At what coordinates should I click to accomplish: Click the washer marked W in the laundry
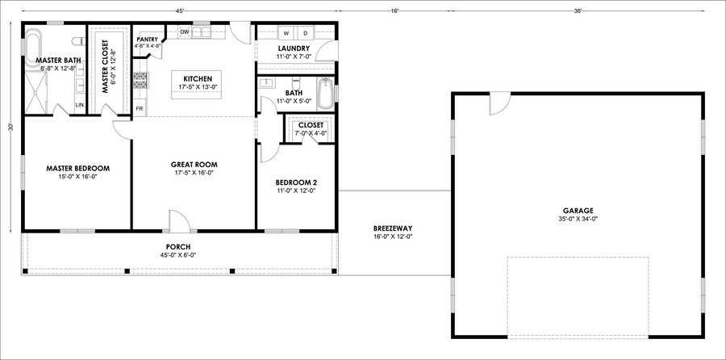click(286, 33)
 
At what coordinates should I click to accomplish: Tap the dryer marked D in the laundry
click(306, 33)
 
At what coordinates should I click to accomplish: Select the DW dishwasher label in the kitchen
click(184, 32)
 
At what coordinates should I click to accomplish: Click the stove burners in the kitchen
click(140, 80)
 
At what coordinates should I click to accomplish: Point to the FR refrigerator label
click(139, 109)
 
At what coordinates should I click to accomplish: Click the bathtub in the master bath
click(33, 48)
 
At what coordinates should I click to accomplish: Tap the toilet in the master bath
click(78, 42)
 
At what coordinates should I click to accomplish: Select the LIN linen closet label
click(80, 106)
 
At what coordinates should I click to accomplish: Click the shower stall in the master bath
click(35, 93)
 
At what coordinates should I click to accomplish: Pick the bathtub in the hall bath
click(325, 94)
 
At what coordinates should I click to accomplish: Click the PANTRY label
click(148, 40)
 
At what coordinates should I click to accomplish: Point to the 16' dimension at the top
click(394, 11)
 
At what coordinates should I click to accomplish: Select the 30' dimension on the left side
click(11, 127)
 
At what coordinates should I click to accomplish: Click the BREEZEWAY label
click(393, 228)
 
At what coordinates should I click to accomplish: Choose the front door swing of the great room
click(179, 220)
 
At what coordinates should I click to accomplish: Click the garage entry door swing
click(500, 103)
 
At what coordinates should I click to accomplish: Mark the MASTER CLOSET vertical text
click(106, 66)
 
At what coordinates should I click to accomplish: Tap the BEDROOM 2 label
click(295, 182)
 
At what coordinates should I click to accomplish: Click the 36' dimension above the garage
click(577, 11)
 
